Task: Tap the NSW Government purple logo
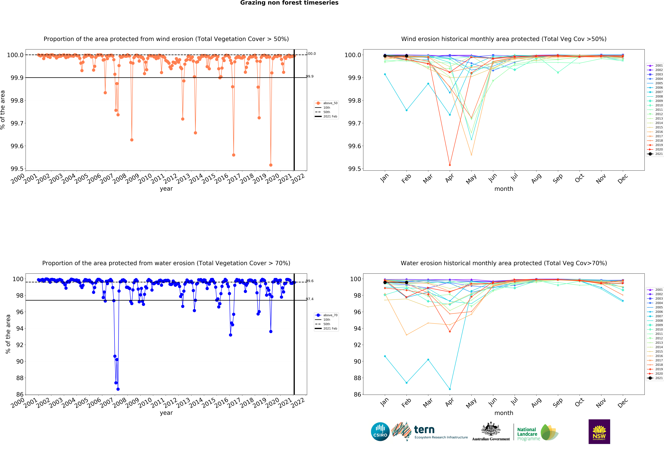(x=599, y=432)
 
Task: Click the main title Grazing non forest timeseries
(x=289, y=3)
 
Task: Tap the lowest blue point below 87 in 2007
(x=118, y=389)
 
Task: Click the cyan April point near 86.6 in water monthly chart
(x=450, y=389)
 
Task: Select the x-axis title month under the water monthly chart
(x=504, y=413)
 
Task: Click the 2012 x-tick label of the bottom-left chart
(x=170, y=403)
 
